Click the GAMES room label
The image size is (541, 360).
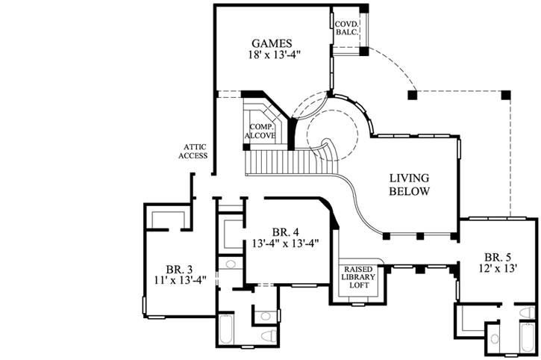click(x=272, y=43)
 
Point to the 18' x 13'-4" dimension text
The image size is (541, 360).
click(x=272, y=55)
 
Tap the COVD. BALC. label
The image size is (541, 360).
click(x=347, y=29)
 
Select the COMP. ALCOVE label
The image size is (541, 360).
click(x=262, y=131)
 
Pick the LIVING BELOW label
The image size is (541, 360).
click(x=409, y=184)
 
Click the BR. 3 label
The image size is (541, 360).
click(x=180, y=270)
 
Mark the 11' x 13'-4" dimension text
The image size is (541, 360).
click(x=180, y=282)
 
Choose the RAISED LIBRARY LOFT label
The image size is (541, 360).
click(x=361, y=276)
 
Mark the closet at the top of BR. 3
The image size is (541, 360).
click(x=167, y=217)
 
